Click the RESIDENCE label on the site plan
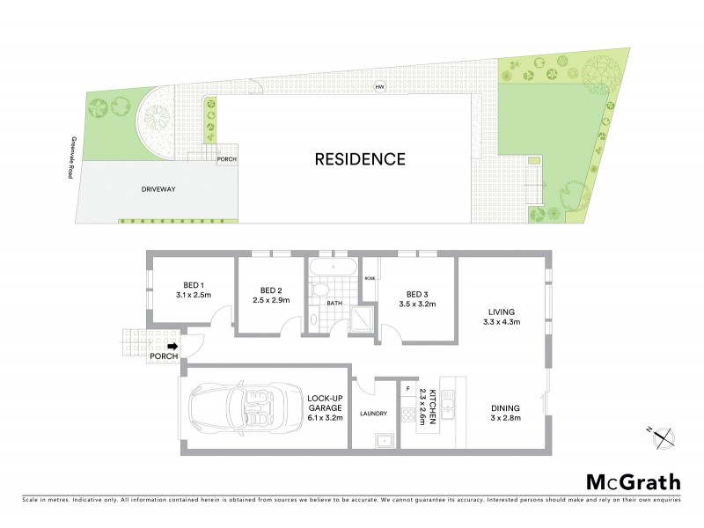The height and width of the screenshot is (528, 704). tap(360, 159)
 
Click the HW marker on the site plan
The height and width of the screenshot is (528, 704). tap(380, 87)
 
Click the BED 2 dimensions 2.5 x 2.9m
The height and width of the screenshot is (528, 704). tap(272, 301)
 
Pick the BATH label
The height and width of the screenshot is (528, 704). tap(334, 304)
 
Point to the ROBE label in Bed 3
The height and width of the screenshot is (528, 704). tap(370, 279)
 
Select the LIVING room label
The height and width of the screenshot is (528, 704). tap(502, 312)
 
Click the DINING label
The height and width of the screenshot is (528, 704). tap(505, 407)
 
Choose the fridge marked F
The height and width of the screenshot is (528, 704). tap(407, 387)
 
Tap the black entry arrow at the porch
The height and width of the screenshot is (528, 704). tap(172, 347)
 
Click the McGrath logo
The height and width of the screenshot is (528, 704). tap(634, 481)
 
